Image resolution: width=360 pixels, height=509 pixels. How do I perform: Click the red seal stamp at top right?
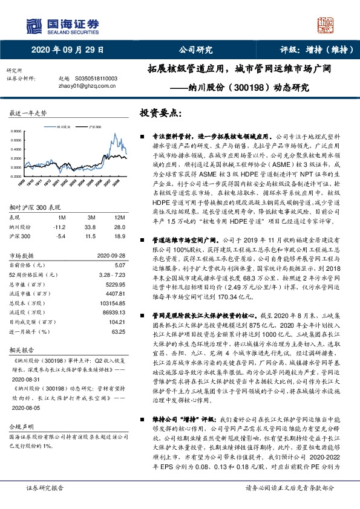[x=326, y=25]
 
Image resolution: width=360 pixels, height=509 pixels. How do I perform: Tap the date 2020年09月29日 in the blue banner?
[x=67, y=50]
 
